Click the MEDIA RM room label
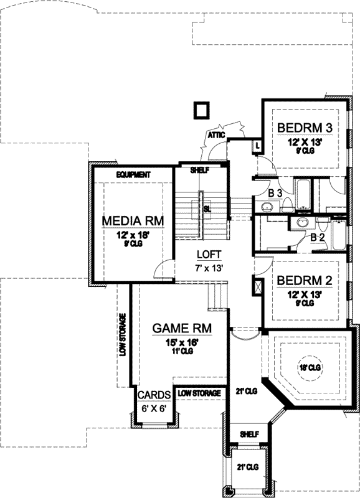pyautogui.click(x=133, y=220)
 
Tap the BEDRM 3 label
pyautogui.click(x=304, y=128)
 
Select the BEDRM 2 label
pyautogui.click(x=305, y=280)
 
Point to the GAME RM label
pyautogui.click(x=182, y=328)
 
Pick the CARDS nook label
pyautogui.click(x=151, y=395)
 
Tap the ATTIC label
pyautogui.click(x=216, y=134)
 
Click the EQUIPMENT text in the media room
pyautogui.click(x=133, y=175)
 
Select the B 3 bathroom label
pyautogui.click(x=275, y=194)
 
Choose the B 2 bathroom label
pyautogui.click(x=318, y=237)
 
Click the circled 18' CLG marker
pyautogui.click(x=308, y=369)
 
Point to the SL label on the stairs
pyautogui.click(x=207, y=209)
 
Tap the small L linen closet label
pyautogui.click(x=257, y=146)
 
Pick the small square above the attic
pyautogui.click(x=201, y=110)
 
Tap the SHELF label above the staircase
pyautogui.click(x=200, y=169)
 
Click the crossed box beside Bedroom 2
pyautogui.click(x=257, y=289)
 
